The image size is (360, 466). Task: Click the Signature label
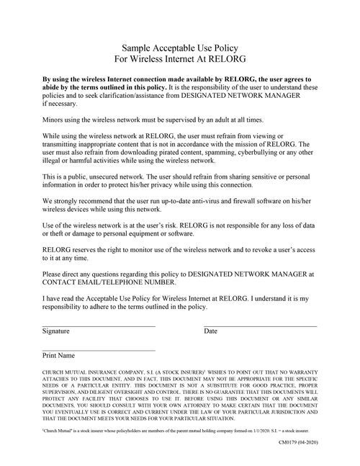pyautogui.click(x=56, y=331)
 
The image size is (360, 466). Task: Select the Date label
pyautogui.click(x=210, y=331)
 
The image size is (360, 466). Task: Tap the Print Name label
pyautogui.click(x=59, y=356)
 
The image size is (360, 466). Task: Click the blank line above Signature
pyautogui.click(x=99, y=326)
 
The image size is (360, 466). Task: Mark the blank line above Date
pyautogui.click(x=261, y=326)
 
